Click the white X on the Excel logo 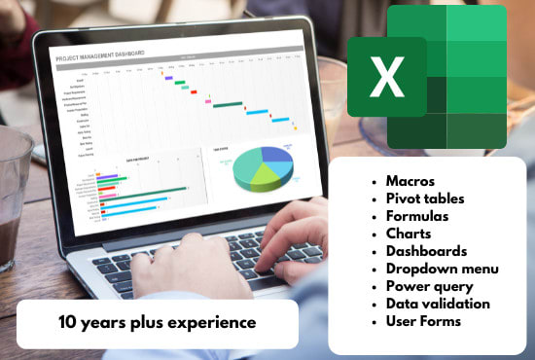pyautogui.click(x=386, y=77)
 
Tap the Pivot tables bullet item pyautogui.click(x=425, y=198)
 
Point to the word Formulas pyautogui.click(x=417, y=215)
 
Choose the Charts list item pyautogui.click(x=409, y=233)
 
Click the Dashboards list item pyautogui.click(x=426, y=250)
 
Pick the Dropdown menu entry pyautogui.click(x=442, y=268)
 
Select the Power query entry pyautogui.click(x=429, y=285)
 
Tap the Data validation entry pyautogui.click(x=438, y=303)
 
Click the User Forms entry pyautogui.click(x=424, y=320)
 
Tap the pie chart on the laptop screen pyautogui.click(x=262, y=167)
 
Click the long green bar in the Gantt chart pyautogui.click(x=228, y=104)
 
